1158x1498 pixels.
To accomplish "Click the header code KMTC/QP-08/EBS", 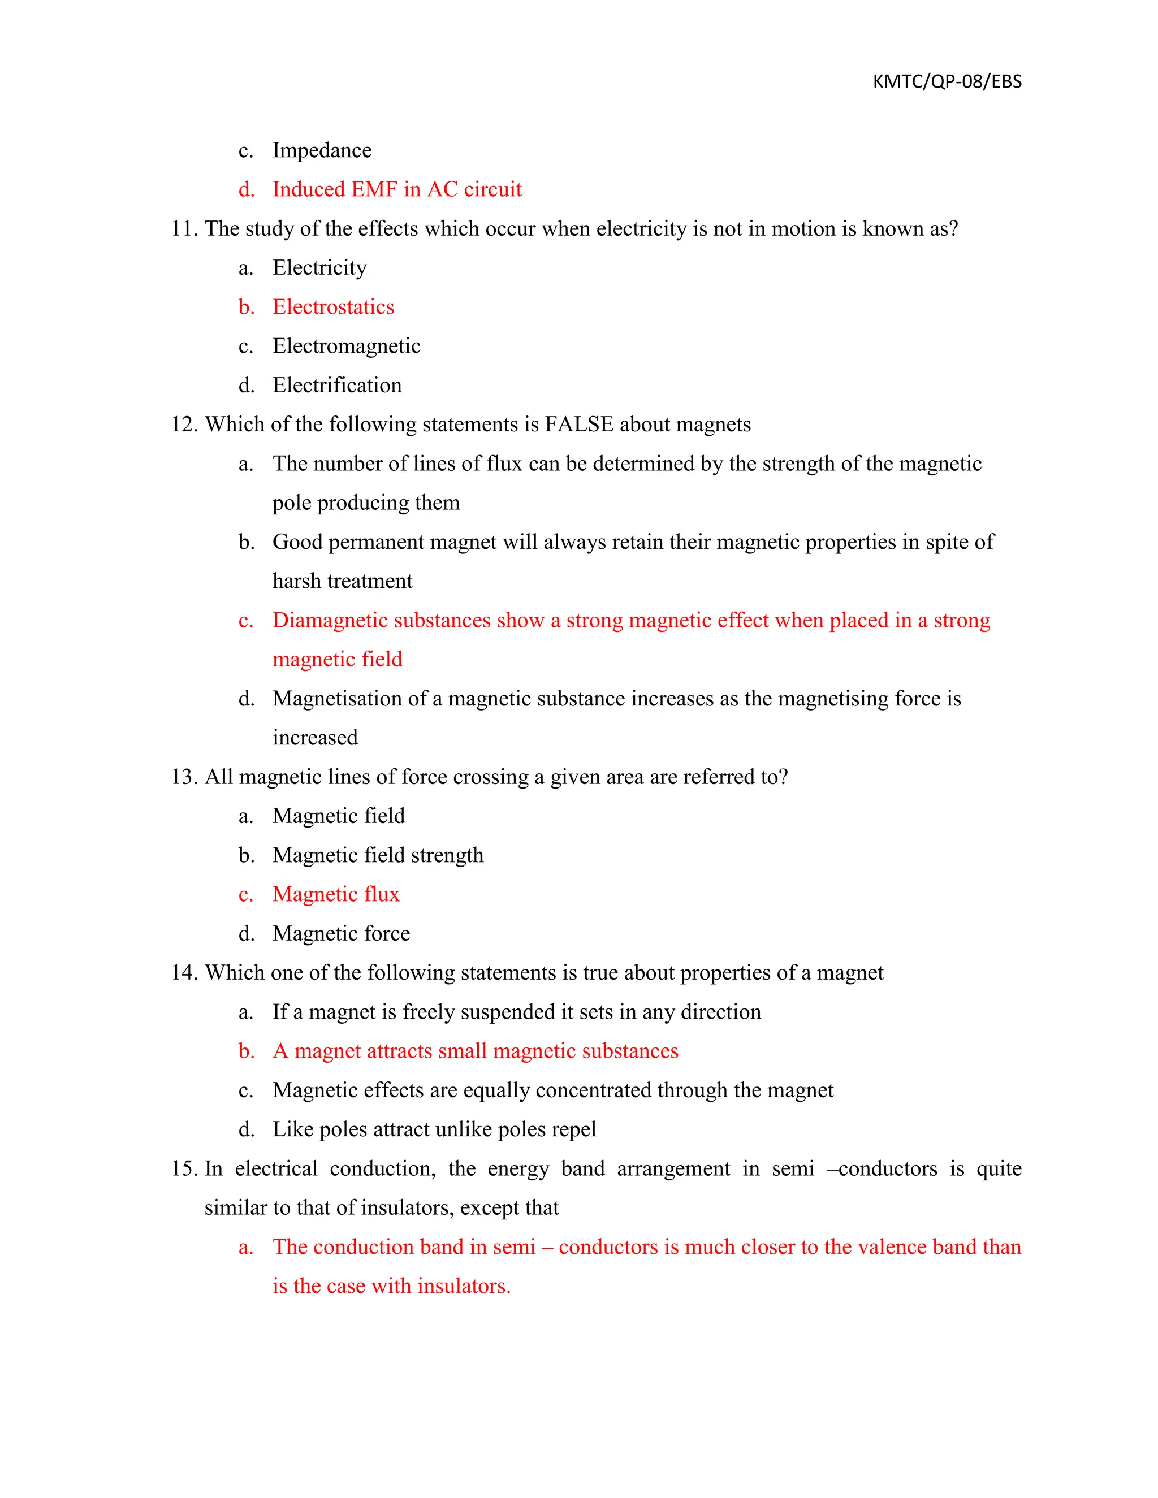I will pos(947,81).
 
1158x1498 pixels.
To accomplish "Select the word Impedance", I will pos(322,150).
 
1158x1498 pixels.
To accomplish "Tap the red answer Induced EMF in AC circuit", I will pos(396,189).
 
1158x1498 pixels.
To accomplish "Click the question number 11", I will pos(184,228).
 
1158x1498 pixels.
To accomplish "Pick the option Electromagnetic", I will pos(347,346).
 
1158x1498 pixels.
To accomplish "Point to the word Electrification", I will pos(337,385).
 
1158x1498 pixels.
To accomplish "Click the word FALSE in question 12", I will pos(579,424).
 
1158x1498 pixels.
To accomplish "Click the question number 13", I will pos(184,777).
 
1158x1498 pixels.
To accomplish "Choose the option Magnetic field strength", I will pos(378,855).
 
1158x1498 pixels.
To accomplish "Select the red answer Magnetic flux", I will pos(335,894).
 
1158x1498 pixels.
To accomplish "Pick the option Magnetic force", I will pos(341,933).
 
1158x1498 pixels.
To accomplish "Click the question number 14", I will pos(184,973).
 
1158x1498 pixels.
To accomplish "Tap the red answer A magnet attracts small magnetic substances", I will pos(475,1051).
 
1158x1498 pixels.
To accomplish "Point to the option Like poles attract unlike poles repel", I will pos(434,1129).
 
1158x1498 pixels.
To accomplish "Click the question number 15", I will pos(184,1168).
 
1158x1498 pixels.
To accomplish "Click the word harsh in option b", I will pos(296,581).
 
